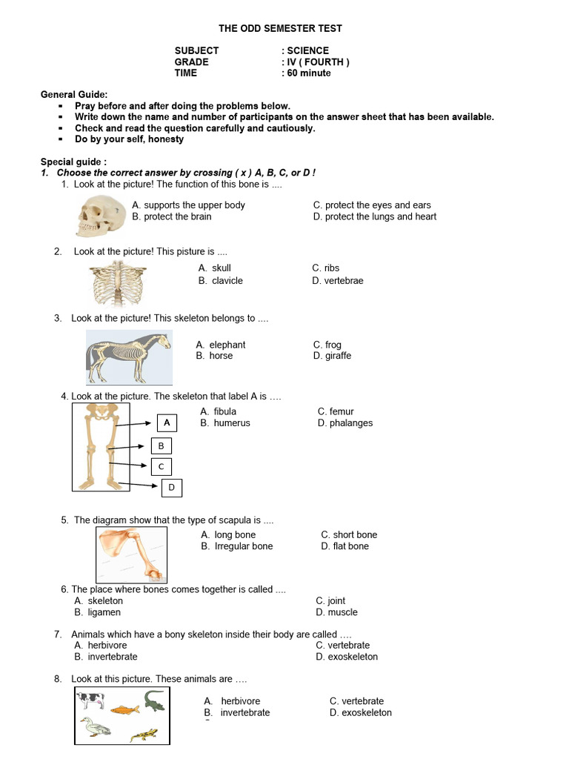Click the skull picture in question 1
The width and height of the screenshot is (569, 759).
click(102, 213)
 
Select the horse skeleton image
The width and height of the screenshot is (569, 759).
click(129, 356)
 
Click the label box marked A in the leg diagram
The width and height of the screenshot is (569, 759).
click(167, 422)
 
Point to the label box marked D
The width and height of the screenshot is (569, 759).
click(171, 487)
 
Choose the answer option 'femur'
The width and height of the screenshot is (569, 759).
click(341, 411)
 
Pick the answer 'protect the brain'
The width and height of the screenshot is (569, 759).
click(177, 216)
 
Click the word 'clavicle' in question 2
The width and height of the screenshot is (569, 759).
click(227, 281)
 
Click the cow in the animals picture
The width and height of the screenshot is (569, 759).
click(92, 699)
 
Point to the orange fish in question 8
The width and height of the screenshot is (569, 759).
click(124, 709)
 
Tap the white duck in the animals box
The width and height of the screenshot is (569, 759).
click(95, 726)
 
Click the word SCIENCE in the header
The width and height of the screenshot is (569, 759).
click(307, 50)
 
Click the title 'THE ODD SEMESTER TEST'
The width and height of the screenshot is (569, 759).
click(280, 28)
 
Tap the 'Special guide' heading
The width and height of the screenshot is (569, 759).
click(73, 162)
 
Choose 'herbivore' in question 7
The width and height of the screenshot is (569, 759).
click(107, 646)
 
